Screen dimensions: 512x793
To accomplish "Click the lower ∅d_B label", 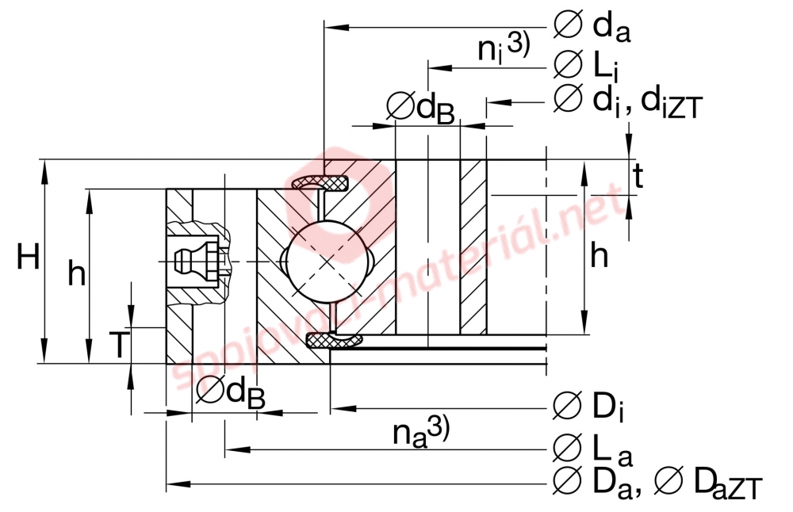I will point(230,392).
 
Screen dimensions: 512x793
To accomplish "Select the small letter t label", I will point(638,176).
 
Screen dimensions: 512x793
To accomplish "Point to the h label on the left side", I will point(76,273).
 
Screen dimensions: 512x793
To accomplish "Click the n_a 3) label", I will point(420,432).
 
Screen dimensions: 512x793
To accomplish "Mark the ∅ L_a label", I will point(592,450).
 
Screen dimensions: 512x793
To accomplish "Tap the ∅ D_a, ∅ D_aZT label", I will point(657,482).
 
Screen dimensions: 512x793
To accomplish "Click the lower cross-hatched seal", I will point(333,341).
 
